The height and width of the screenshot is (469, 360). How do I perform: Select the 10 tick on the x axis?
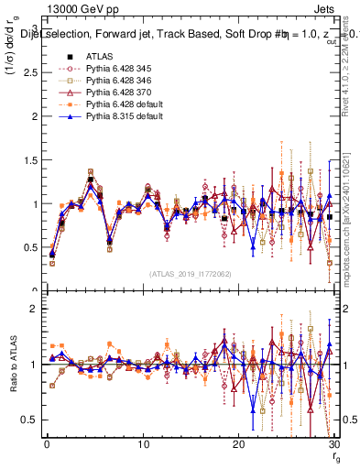tap(143, 442)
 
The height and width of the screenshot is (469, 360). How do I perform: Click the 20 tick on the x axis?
tap(239, 442)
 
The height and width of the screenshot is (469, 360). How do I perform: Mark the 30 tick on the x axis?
tap(334, 442)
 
